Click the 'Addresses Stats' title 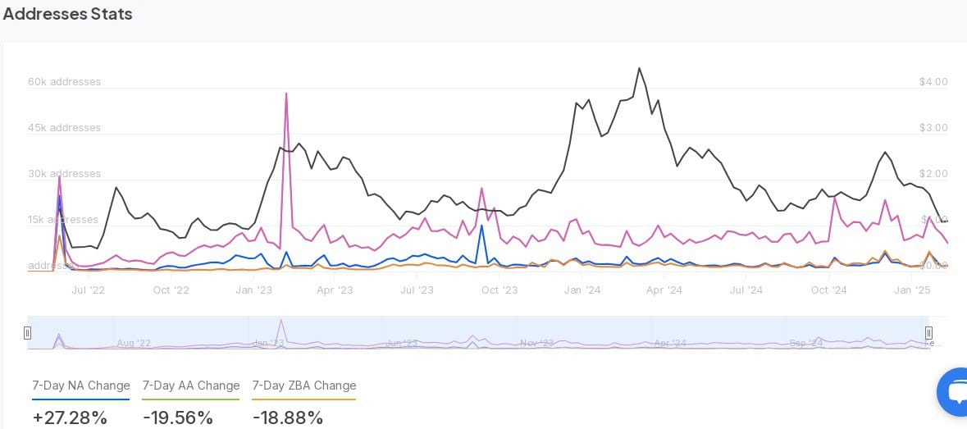[67, 14]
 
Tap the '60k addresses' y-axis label [64, 82]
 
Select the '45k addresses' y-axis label [64, 128]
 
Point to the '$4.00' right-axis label [933, 82]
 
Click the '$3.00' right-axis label [933, 128]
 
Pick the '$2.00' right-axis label [933, 174]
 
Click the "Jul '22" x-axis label [89, 290]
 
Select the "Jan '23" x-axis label [253, 290]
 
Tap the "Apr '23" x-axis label [335, 290]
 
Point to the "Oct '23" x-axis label [499, 290]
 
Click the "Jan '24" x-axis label [582, 290]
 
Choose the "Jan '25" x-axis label [911, 290]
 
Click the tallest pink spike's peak [286, 94]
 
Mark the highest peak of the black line [640, 68]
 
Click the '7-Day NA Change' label [81, 386]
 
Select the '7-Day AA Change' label [191, 386]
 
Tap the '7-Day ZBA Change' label [304, 386]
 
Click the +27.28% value [70, 418]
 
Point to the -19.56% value [178, 418]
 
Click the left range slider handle [28, 333]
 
